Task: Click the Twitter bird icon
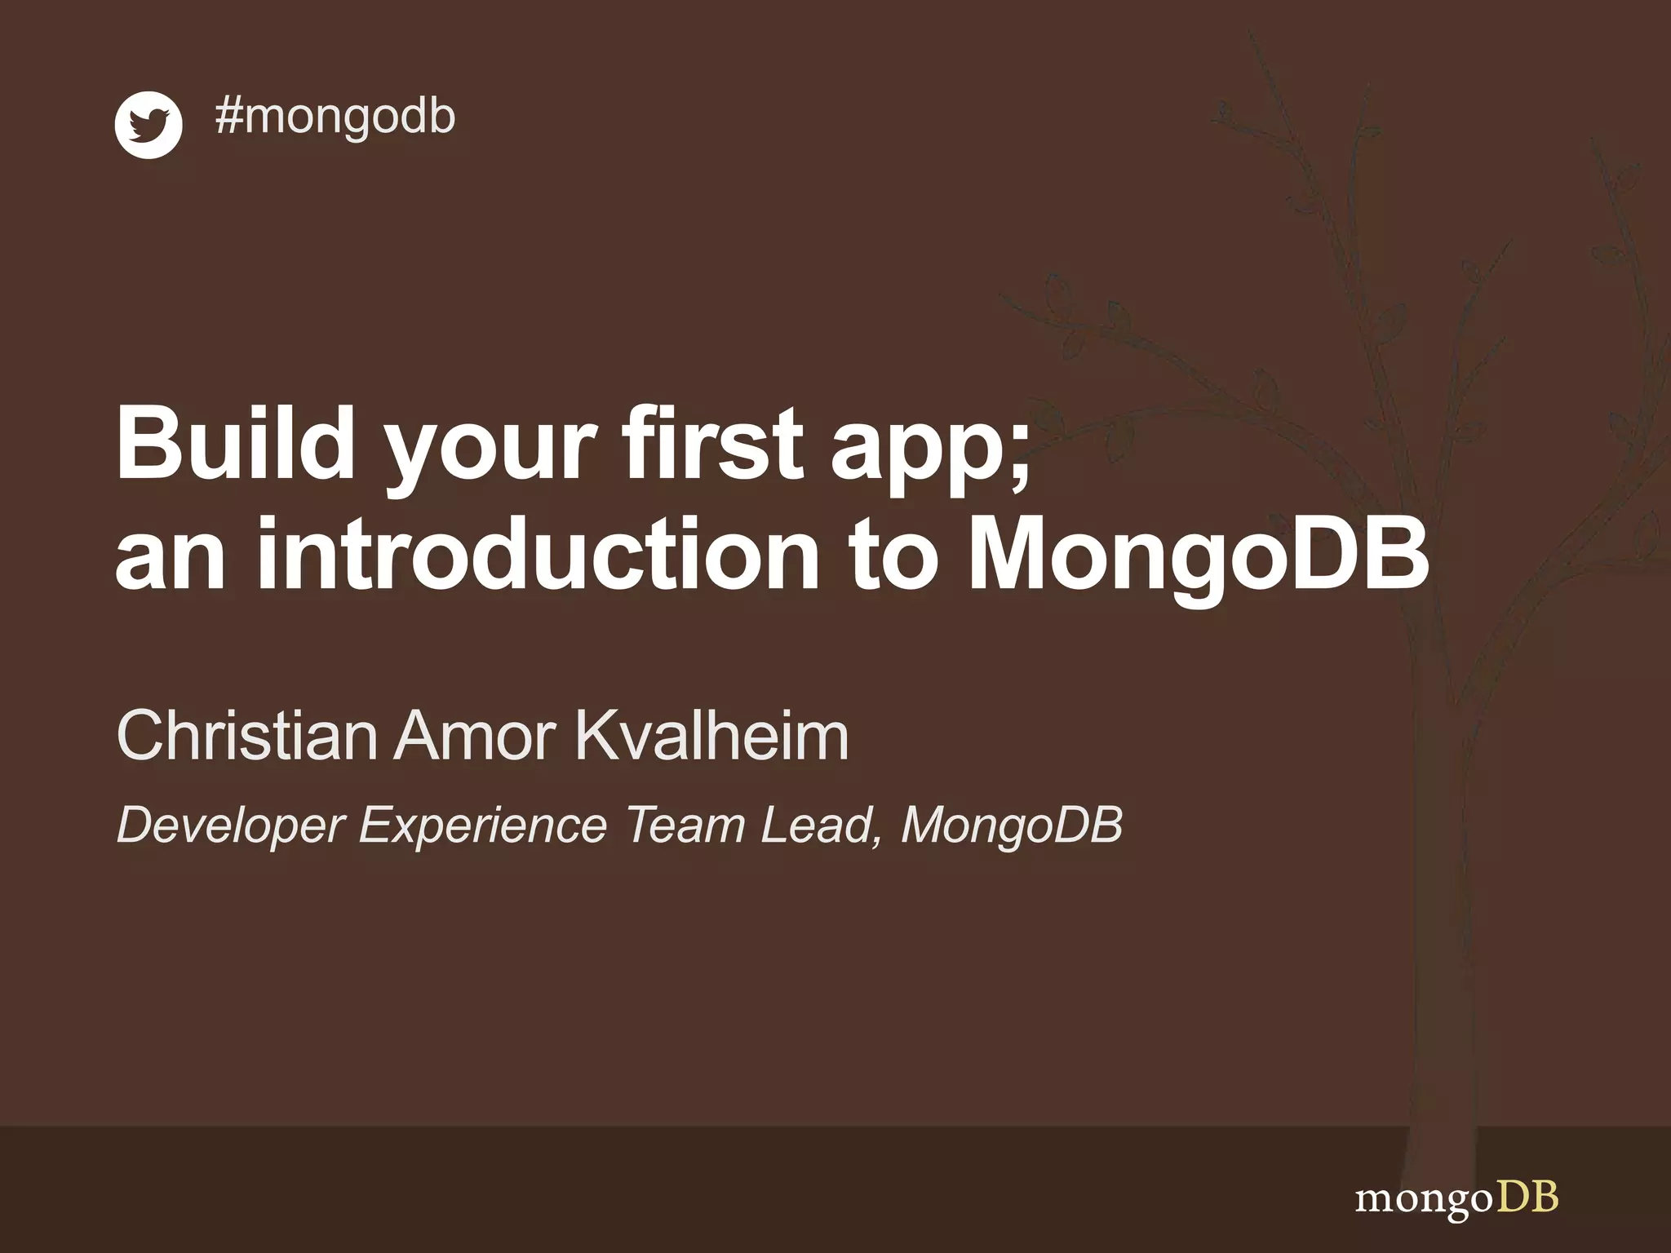pos(148,125)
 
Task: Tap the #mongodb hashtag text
pos(335,117)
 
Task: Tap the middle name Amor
pos(476,736)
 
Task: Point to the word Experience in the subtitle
pos(483,826)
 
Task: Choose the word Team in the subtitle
pos(685,825)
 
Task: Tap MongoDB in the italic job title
pos(1012,826)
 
